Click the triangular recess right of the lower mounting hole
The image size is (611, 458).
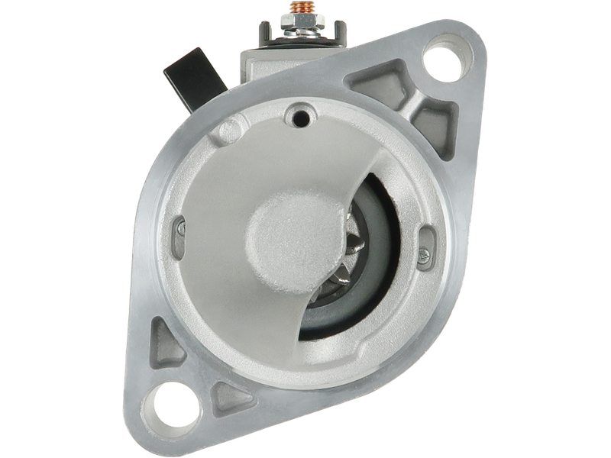[x=229, y=397]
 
